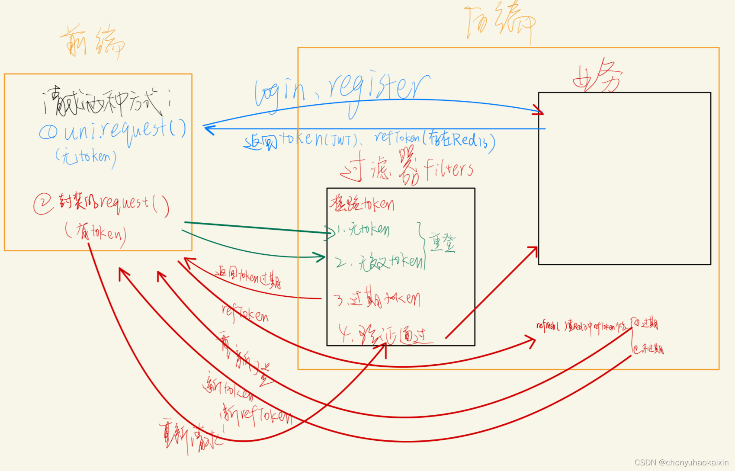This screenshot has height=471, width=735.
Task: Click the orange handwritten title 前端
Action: [x=92, y=42]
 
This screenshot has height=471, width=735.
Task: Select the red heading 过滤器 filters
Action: [x=407, y=169]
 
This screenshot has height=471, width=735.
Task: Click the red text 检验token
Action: [x=362, y=203]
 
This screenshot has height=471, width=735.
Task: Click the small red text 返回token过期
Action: [x=249, y=277]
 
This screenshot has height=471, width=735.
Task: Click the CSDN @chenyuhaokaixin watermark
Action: [x=681, y=462]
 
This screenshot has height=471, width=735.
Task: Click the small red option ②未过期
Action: [x=648, y=349]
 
